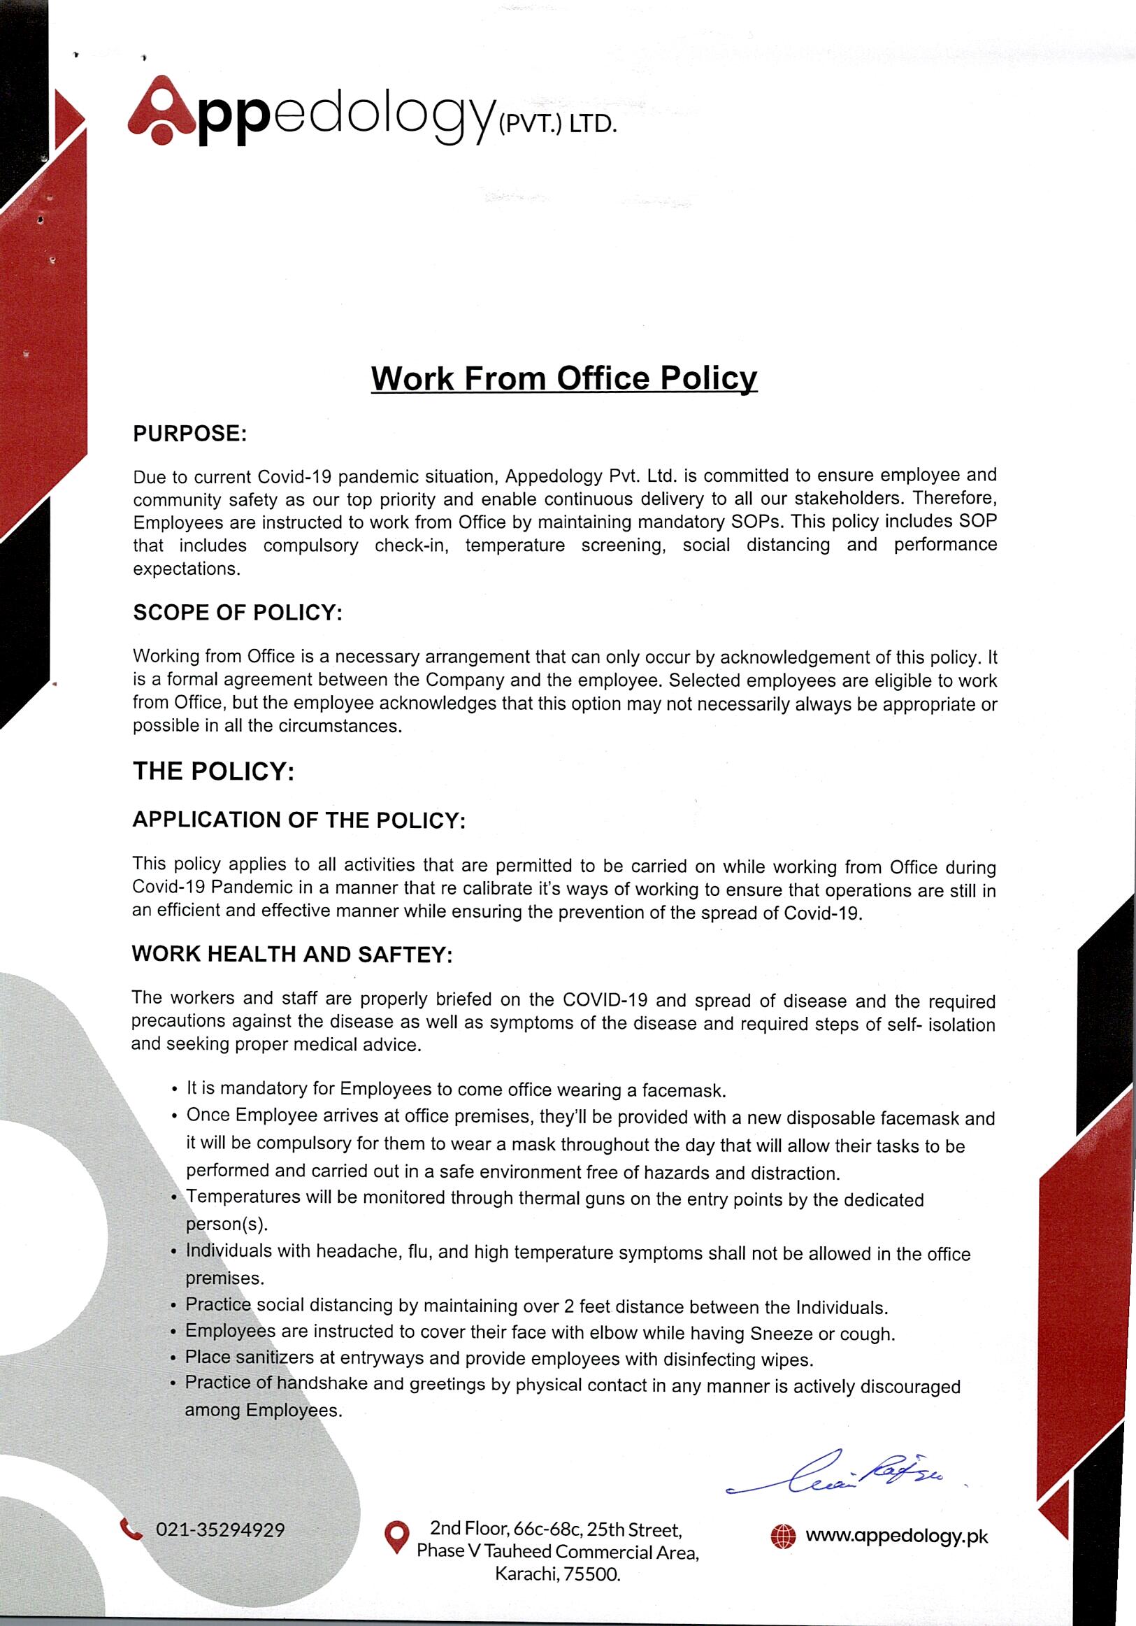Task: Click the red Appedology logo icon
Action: point(161,111)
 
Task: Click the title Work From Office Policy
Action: point(564,378)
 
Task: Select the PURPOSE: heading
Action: point(189,434)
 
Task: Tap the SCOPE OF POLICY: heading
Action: point(237,613)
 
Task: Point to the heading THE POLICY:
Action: point(213,771)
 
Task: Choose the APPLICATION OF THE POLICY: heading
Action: point(299,820)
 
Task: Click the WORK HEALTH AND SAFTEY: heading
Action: point(292,954)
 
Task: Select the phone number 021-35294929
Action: point(220,1529)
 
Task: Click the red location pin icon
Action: point(396,1535)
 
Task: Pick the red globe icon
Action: point(783,1536)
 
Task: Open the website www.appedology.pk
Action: point(896,1536)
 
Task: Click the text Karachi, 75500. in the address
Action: point(557,1575)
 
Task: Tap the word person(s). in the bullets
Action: point(226,1225)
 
